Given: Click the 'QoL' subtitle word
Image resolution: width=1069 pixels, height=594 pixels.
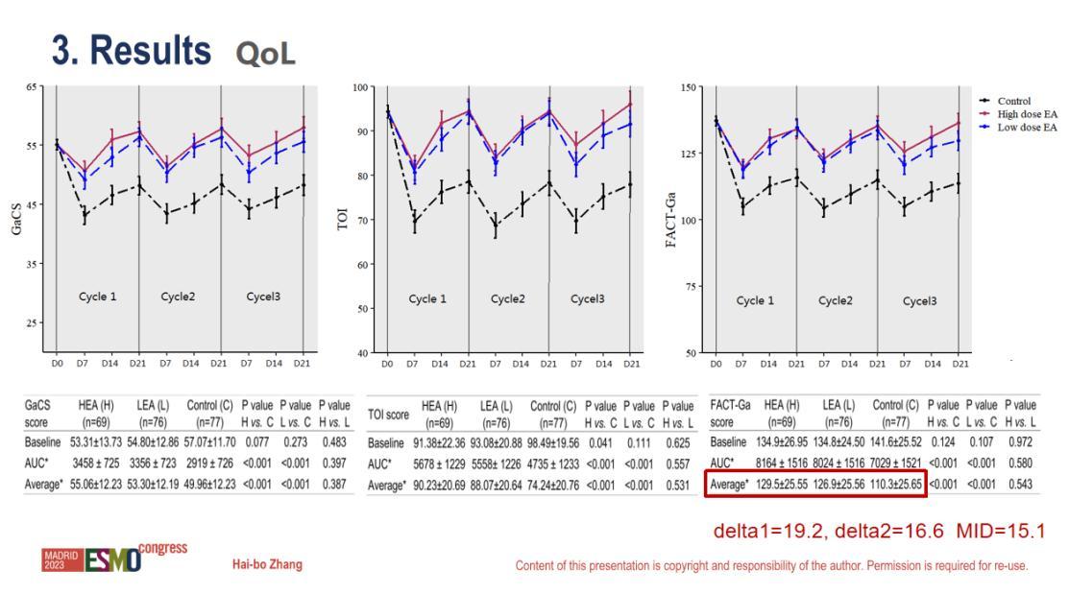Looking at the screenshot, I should pyautogui.click(x=265, y=56).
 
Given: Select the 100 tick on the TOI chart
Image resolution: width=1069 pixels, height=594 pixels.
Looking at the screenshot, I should pyautogui.click(x=361, y=87).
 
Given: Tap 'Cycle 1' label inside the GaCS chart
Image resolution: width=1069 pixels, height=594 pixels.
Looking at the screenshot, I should pyautogui.click(x=97, y=297).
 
